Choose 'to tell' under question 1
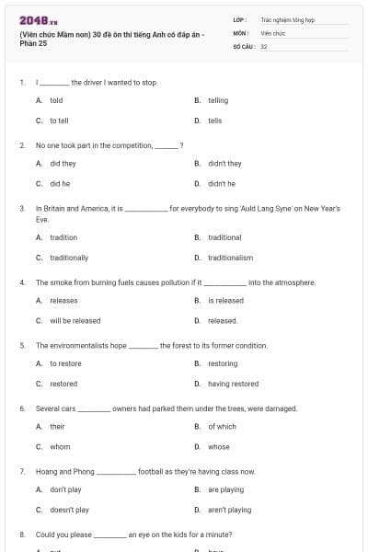(59, 121)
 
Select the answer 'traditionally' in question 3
(69, 258)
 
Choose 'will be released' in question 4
(75, 321)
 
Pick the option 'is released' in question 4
(225, 300)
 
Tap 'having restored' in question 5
(233, 384)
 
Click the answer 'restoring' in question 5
(224, 363)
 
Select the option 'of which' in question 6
(222, 427)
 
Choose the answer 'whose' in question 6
(219, 447)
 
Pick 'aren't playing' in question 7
(229, 510)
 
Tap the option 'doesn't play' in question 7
(69, 510)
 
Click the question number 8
(21, 535)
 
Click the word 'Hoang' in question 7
(46, 471)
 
